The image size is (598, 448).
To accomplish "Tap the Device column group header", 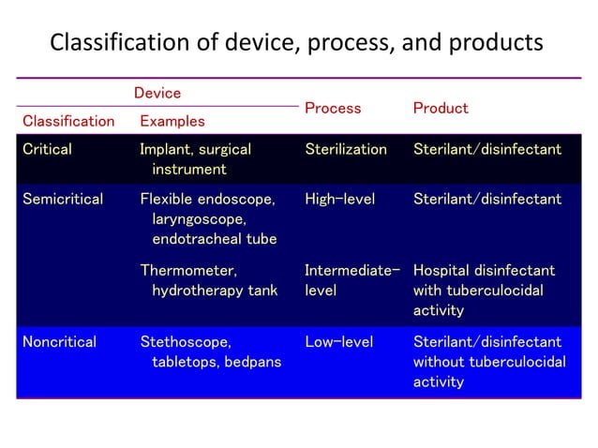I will pyautogui.click(x=157, y=93).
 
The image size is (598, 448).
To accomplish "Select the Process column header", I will pyautogui.click(x=333, y=108).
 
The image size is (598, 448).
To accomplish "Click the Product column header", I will pyautogui.click(x=441, y=108).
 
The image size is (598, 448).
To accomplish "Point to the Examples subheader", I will pyautogui.click(x=172, y=121).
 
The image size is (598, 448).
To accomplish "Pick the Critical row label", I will pyautogui.click(x=47, y=149).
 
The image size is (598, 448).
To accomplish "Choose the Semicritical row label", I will pyautogui.click(x=62, y=199).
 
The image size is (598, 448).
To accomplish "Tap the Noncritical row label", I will pyautogui.click(x=59, y=341).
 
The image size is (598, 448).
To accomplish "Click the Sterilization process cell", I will pyautogui.click(x=346, y=149).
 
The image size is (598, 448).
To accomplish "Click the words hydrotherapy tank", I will pyautogui.click(x=215, y=291).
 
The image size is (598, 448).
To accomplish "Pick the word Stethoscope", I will pyautogui.click(x=185, y=341).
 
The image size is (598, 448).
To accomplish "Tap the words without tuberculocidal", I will pyautogui.click(x=489, y=362).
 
